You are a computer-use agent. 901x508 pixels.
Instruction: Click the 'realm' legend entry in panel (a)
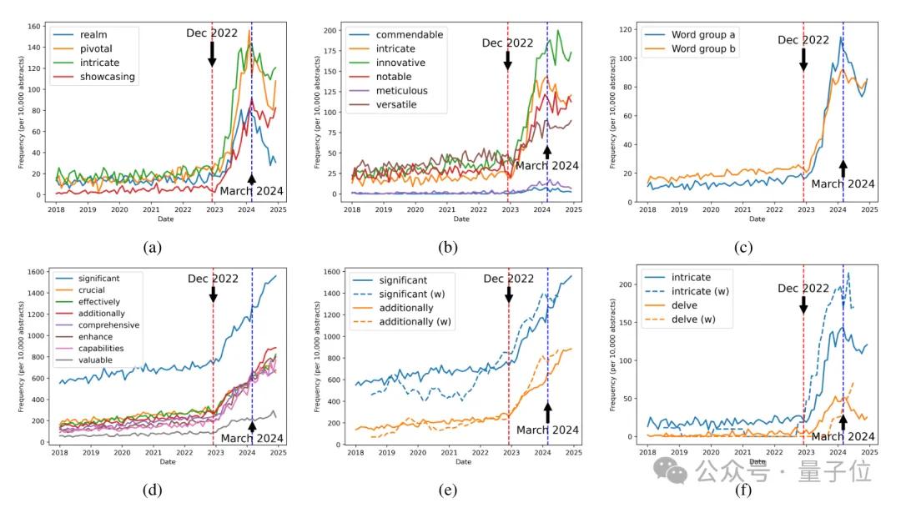pyautogui.click(x=97, y=34)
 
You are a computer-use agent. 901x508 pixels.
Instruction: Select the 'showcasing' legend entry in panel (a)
pyautogui.click(x=108, y=77)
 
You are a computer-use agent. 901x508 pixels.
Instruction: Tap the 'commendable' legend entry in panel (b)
pyautogui.click(x=409, y=34)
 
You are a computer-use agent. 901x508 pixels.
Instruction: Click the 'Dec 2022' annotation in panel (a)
pyautogui.click(x=213, y=33)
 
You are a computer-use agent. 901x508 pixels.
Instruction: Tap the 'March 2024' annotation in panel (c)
pyautogui.click(x=843, y=184)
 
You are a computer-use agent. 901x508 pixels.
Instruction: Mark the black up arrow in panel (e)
pyautogui.click(x=547, y=412)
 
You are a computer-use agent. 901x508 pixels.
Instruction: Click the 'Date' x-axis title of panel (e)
pyautogui.click(x=461, y=461)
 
